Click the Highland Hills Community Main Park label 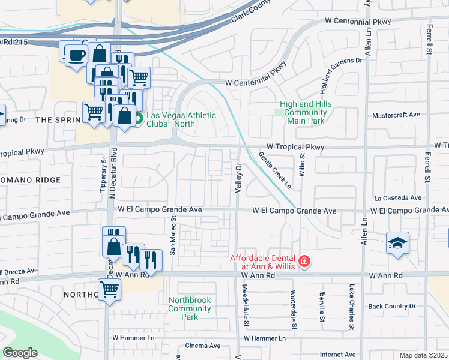306,112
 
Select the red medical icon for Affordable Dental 304,262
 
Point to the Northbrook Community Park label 190,308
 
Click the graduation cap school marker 397,242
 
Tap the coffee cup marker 75,55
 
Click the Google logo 20,353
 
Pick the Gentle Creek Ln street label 276,170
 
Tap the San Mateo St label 172,237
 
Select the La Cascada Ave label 397,197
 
